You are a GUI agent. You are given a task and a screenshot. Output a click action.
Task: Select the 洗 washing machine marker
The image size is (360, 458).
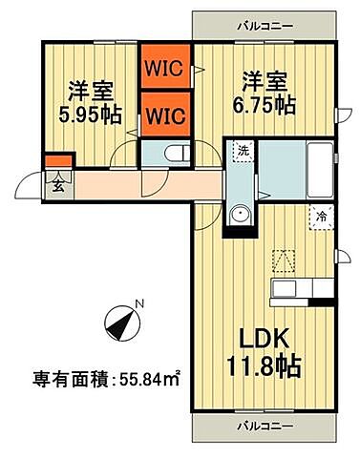[244, 152]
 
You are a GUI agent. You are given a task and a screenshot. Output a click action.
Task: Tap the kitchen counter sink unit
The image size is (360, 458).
[297, 289]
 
